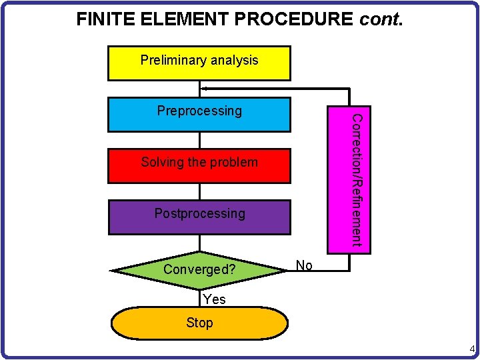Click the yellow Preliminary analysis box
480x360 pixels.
pos(199,63)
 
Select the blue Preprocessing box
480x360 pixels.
pos(199,115)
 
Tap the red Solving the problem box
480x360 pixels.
pos(199,166)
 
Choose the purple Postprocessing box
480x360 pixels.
pos(199,217)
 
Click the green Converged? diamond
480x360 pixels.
pos(199,270)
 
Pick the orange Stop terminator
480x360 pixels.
pos(199,323)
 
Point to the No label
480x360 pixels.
pos(304,265)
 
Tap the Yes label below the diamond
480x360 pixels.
pos(214,299)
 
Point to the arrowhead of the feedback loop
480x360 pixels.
pos(205,88)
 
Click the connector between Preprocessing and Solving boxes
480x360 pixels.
pos(199,140)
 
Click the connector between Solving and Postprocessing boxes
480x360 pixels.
pos(199,191)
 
